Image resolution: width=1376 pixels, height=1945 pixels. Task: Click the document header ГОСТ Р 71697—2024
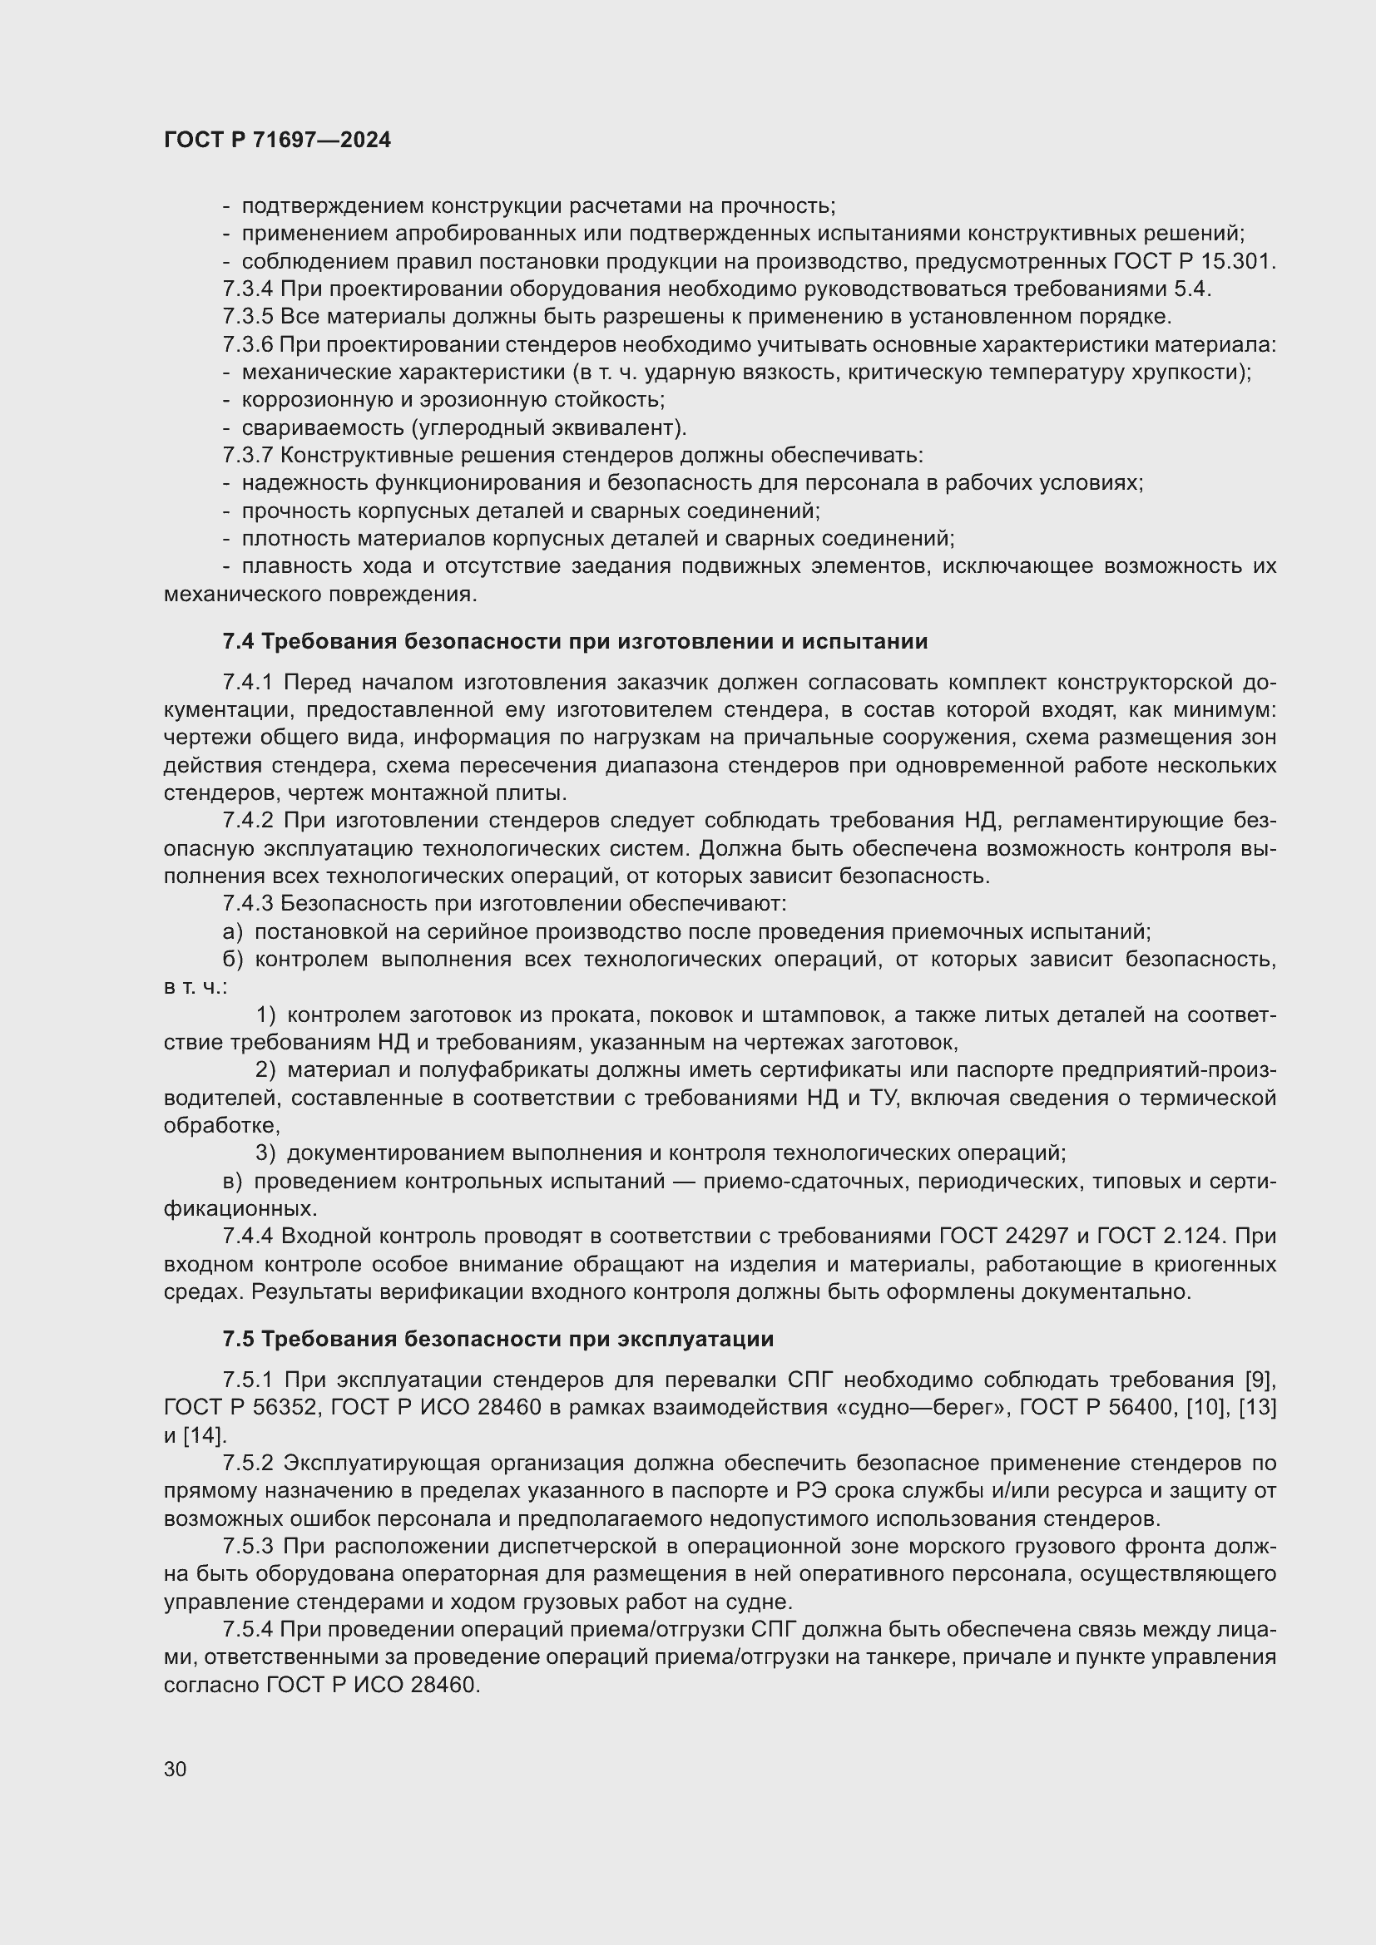(x=277, y=141)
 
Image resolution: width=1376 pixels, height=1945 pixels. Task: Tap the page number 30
(x=176, y=1769)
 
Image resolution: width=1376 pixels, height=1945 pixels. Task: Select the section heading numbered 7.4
(x=576, y=642)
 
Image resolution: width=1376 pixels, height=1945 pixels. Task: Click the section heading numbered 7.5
(x=498, y=1340)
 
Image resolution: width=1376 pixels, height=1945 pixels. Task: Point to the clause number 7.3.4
(x=247, y=289)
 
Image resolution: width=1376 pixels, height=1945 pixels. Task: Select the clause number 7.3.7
(x=247, y=456)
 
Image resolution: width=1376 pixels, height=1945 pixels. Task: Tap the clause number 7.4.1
(x=247, y=683)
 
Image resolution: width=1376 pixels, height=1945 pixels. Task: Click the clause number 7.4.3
(x=247, y=905)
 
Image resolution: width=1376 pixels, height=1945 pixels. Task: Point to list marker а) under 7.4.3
(x=232, y=933)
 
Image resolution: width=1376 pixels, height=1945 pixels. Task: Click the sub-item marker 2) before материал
(x=266, y=1071)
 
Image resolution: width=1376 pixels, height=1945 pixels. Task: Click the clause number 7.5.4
(x=247, y=1630)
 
